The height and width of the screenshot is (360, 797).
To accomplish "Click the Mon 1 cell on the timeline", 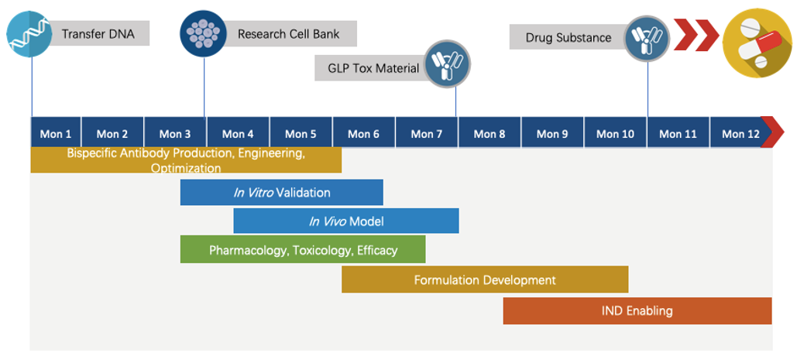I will (56, 133).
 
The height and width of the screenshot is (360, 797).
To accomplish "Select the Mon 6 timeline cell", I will (363, 133).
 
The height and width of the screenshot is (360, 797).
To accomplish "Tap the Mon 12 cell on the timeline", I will (740, 133).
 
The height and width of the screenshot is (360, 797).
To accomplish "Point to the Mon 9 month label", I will (552, 133).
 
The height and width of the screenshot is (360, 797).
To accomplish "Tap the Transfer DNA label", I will (98, 34).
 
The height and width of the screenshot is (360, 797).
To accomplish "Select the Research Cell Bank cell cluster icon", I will (203, 33).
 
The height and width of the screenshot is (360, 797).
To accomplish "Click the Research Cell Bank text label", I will (288, 34).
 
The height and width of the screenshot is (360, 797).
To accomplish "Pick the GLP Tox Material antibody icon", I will (448, 65).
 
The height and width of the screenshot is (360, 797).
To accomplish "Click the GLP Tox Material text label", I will (373, 68).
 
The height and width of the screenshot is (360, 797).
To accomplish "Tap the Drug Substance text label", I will (569, 37).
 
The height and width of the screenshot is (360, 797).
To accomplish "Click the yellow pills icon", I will (756, 41).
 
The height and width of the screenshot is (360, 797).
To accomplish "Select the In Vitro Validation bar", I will (282, 193).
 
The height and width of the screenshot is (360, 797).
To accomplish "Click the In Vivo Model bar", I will (346, 221).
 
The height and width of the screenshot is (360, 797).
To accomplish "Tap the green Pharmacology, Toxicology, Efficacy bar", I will (303, 250).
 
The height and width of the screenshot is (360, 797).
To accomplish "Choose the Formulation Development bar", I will (485, 279).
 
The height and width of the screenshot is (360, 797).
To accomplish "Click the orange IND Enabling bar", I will (637, 310).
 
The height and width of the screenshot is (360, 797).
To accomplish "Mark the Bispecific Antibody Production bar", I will (186, 160).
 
